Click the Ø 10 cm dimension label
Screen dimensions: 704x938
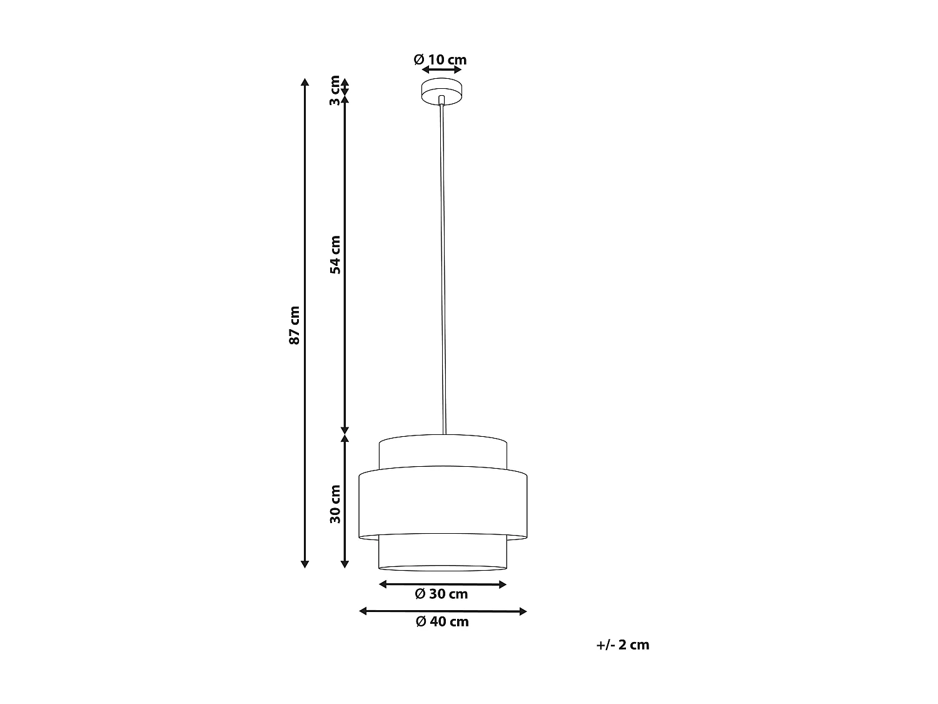pyautogui.click(x=440, y=60)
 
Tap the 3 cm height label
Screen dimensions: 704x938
pyautogui.click(x=335, y=90)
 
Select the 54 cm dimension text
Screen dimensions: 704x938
pyautogui.click(x=335, y=255)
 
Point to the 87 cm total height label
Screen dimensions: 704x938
pyautogui.click(x=295, y=325)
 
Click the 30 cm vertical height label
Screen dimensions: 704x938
pyautogui.click(x=335, y=504)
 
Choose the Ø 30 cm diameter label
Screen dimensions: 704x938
pyautogui.click(x=441, y=594)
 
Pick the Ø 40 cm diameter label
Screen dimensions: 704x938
pyautogui.click(x=442, y=621)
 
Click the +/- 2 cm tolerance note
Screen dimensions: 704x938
pyautogui.click(x=623, y=645)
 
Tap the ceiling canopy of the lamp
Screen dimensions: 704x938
pyautogui.click(x=441, y=92)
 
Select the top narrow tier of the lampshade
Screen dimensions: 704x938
pyautogui.click(x=443, y=452)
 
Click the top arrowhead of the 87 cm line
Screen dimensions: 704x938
pyautogui.click(x=305, y=83)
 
